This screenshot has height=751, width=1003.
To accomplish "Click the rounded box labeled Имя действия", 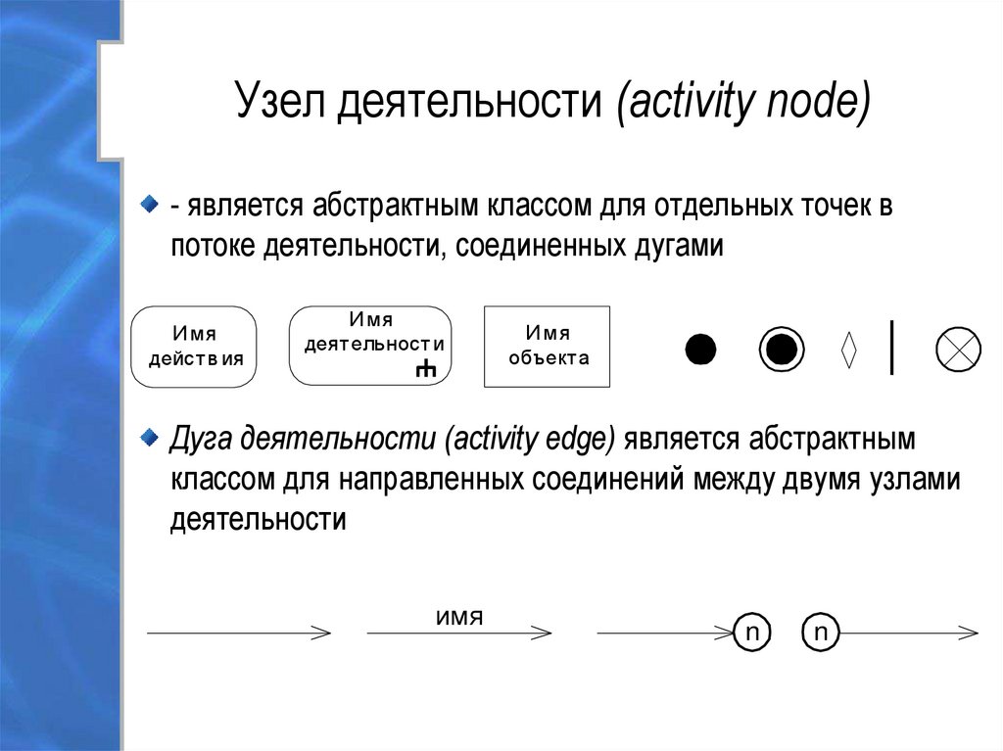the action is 194,347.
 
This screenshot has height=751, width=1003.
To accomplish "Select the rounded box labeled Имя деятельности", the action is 370,345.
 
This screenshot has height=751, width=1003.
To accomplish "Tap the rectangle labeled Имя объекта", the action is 547,347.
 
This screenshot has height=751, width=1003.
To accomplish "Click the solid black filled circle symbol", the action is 700,350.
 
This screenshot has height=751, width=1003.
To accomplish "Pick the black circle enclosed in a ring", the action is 781,350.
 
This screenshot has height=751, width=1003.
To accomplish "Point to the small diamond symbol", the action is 849,350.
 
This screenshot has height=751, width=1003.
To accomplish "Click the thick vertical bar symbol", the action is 891,347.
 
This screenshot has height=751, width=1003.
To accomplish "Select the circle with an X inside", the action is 959,350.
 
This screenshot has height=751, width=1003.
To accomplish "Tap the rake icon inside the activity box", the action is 425,369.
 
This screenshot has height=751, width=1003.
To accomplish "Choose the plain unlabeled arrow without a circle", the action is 238,634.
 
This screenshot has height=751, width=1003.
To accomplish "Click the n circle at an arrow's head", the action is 751,634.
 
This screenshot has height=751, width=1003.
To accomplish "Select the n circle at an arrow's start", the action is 821,634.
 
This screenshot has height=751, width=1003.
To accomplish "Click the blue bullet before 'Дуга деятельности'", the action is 147,435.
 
